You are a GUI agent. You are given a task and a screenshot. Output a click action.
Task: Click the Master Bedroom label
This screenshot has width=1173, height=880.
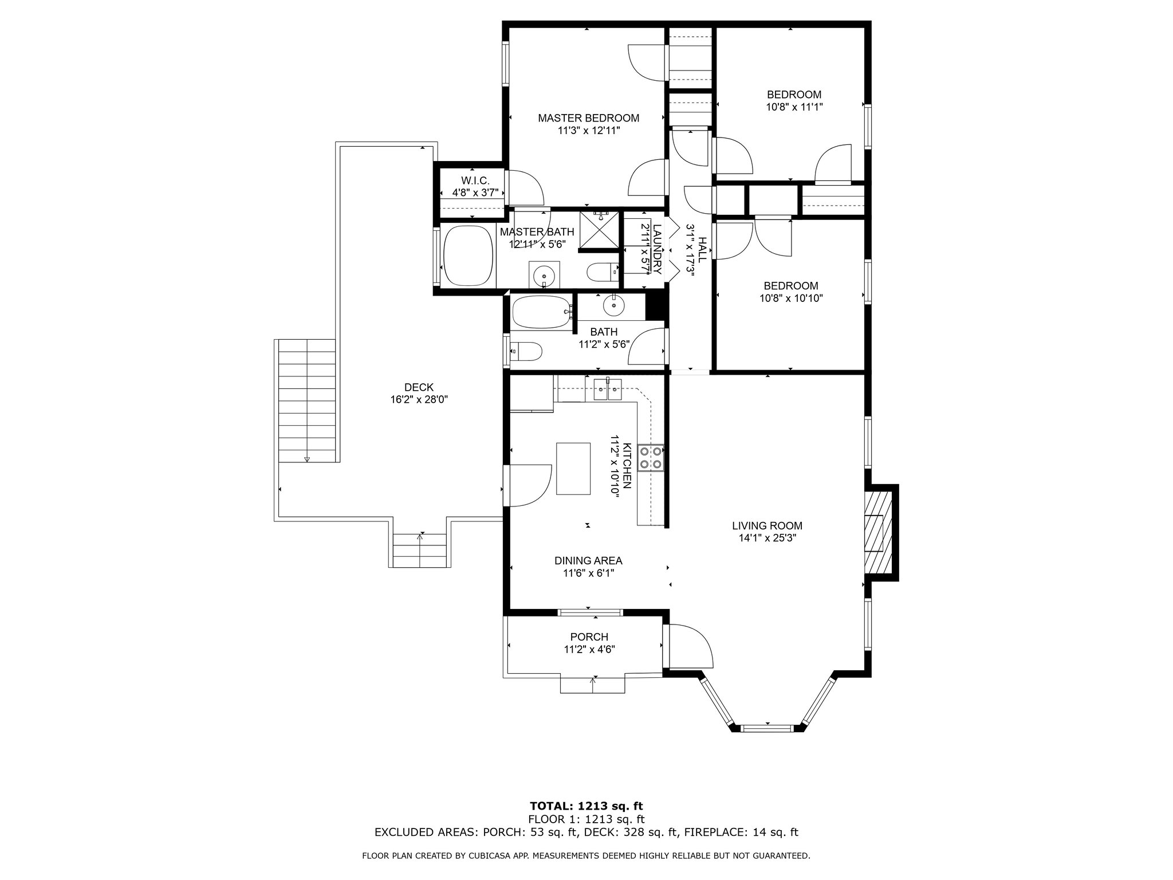pyautogui.click(x=588, y=118)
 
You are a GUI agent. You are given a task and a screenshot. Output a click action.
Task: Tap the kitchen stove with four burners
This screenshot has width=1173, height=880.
pyautogui.click(x=651, y=458)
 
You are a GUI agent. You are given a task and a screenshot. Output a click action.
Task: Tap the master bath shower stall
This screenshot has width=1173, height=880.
pyautogui.click(x=600, y=231)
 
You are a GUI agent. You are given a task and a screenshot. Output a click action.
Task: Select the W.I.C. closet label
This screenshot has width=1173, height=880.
pyautogui.click(x=475, y=180)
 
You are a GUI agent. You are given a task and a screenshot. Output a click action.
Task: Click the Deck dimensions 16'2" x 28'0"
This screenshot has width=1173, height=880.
pyautogui.click(x=419, y=400)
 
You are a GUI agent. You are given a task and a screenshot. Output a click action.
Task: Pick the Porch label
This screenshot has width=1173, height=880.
pyautogui.click(x=589, y=637)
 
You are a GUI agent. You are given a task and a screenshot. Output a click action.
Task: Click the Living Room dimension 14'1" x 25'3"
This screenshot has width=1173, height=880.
pyautogui.click(x=767, y=538)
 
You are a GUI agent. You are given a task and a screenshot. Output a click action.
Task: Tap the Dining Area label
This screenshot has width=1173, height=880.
pyautogui.click(x=588, y=561)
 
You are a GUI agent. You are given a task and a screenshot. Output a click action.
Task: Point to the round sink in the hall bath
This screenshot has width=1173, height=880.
pyautogui.click(x=613, y=307)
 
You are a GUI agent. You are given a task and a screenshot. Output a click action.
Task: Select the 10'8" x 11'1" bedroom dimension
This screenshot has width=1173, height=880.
pyautogui.click(x=794, y=107)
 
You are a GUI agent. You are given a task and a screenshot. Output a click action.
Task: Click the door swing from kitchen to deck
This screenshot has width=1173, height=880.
pyautogui.click(x=531, y=485)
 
